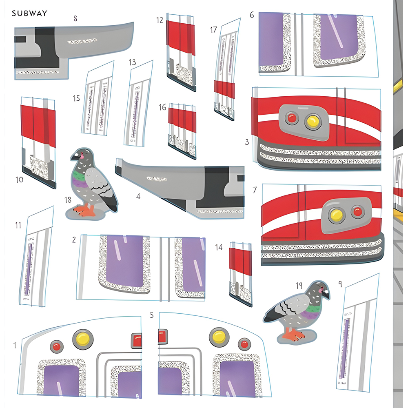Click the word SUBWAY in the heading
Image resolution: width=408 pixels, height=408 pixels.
[29, 13]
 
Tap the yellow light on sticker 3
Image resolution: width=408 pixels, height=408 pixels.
[313, 120]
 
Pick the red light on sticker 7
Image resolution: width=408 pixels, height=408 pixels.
[358, 211]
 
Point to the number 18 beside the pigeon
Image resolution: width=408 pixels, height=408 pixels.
[69, 200]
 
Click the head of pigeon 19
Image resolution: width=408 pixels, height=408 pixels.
[322, 289]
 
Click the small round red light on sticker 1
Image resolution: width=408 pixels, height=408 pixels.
[57, 347]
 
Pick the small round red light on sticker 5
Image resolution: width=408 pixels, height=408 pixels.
[244, 344]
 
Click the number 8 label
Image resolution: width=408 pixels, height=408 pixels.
[75, 18]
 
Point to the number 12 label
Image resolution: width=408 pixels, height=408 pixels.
[160, 20]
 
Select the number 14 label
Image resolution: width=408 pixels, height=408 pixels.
[219, 247]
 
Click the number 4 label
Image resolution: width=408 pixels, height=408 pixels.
[138, 196]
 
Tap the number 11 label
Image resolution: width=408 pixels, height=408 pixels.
[18, 225]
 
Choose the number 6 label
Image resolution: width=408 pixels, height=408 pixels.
[252, 15]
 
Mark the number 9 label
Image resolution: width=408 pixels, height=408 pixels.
[340, 282]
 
